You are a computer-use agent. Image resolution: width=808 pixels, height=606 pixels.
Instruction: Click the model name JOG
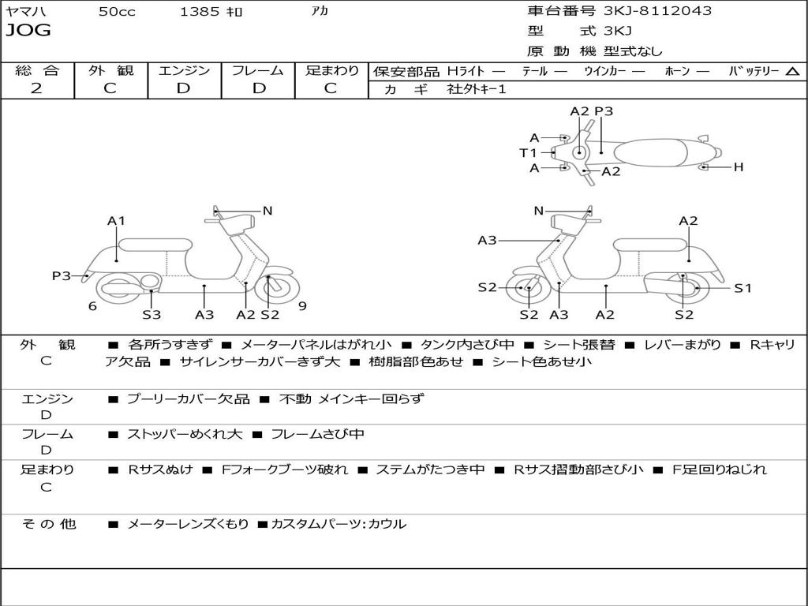coord(28,31)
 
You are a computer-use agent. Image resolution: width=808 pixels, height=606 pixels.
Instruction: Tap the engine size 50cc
coord(117,12)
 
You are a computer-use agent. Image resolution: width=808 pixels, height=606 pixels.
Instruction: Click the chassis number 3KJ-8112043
coord(657,11)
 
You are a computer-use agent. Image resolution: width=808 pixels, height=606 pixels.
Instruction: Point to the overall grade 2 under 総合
coord(36,88)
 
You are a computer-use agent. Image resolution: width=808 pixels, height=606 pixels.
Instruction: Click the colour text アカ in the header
coord(320,11)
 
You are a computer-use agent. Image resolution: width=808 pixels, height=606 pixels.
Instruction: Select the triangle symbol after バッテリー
coord(792,72)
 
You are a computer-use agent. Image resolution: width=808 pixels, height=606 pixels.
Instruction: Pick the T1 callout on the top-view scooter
coord(528,152)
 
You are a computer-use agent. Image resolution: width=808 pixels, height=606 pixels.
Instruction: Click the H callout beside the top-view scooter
coord(739,167)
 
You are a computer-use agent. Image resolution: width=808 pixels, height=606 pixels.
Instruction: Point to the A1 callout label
coord(117,221)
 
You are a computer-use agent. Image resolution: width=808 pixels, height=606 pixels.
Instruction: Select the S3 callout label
coord(151,315)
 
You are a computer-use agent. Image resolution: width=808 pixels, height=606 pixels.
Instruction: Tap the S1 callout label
coord(743,288)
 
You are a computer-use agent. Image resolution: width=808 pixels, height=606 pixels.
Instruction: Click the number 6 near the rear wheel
coord(92,306)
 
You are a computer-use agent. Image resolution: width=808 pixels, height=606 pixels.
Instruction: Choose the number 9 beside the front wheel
coord(302,306)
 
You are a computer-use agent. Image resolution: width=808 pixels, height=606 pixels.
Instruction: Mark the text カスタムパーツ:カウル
coord(339,524)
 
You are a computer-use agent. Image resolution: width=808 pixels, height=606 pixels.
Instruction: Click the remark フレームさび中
coord(317,434)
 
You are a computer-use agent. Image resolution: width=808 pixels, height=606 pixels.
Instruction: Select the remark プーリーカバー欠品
coord(188,398)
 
